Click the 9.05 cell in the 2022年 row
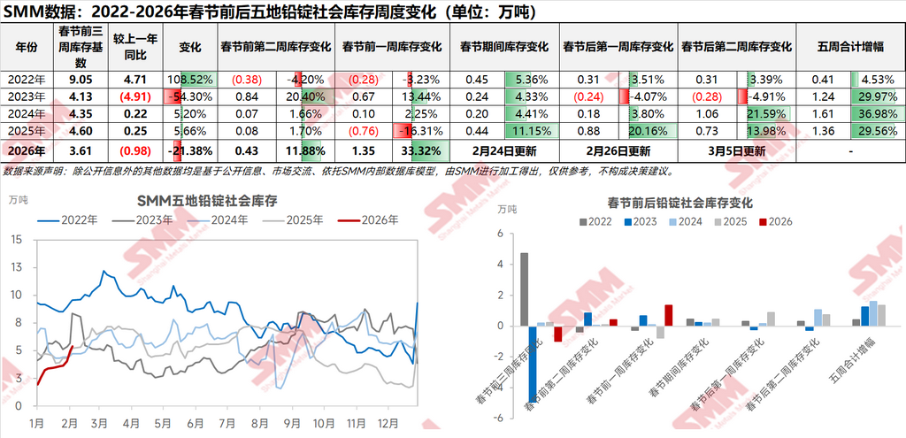[x=80, y=79]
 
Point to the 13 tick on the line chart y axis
[x=16, y=240]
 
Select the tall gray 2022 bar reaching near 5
[x=524, y=289]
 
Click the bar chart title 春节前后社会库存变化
[x=679, y=202]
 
